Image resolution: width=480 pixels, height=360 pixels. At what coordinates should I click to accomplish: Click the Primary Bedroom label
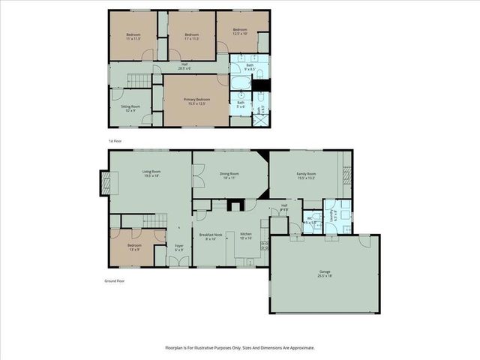[197, 101]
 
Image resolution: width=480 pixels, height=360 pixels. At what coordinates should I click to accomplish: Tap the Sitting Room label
[131, 109]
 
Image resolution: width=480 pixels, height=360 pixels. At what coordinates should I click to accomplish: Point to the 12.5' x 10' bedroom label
[240, 31]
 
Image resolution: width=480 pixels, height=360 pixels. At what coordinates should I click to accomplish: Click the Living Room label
[152, 174]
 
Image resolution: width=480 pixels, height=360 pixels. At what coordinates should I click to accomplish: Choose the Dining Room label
[229, 175]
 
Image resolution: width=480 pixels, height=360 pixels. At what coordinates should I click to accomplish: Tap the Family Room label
[306, 175]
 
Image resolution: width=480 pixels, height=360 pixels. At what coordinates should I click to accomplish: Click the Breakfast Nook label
[207, 236]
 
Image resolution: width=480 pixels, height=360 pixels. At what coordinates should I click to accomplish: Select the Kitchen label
[246, 236]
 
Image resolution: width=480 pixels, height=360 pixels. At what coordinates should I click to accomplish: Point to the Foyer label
[179, 247]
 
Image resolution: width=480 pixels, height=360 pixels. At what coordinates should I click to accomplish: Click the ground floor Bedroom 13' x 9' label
[134, 247]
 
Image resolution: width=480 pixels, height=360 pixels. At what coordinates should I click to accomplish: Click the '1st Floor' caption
[115, 140]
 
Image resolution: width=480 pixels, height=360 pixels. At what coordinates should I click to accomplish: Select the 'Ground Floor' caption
[114, 281]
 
